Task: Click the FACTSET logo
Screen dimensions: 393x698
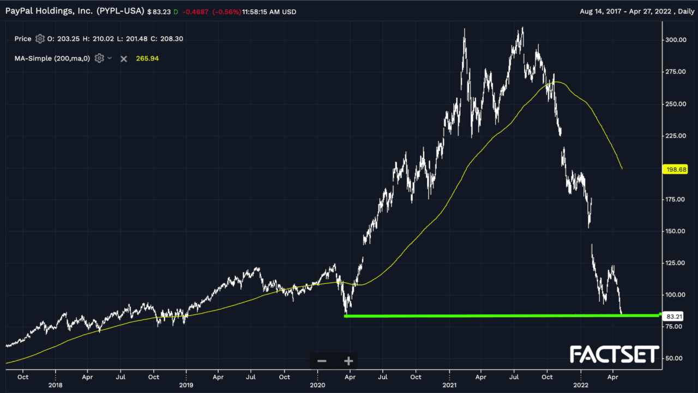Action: point(615,355)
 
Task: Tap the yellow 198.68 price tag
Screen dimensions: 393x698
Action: point(676,170)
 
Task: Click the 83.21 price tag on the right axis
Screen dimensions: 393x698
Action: point(675,316)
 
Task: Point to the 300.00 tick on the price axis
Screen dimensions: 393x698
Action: point(676,40)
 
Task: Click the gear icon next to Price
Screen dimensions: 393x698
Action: point(40,39)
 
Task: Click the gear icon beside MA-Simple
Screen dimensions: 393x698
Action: point(99,58)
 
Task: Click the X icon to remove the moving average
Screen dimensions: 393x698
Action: point(124,58)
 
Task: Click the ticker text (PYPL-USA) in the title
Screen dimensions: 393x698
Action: point(120,11)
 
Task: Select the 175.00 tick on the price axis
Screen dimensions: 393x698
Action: point(676,200)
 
